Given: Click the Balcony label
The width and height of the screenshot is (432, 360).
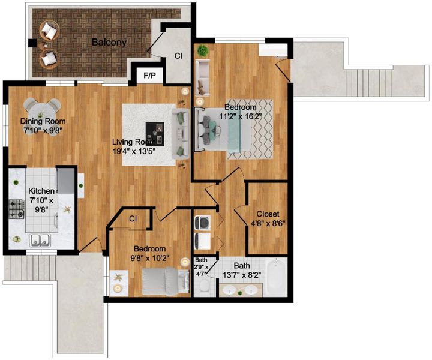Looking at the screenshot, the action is pyautogui.click(x=109, y=43).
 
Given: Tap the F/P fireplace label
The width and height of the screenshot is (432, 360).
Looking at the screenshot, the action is pyautogui.click(x=149, y=76).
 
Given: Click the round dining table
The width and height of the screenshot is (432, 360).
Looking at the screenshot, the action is pyautogui.click(x=42, y=112).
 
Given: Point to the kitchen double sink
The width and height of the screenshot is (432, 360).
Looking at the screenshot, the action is pyautogui.click(x=40, y=240).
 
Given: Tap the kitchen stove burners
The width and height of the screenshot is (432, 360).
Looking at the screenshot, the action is pyautogui.click(x=17, y=209).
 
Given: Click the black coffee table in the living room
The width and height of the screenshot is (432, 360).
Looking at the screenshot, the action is pyautogui.click(x=155, y=134).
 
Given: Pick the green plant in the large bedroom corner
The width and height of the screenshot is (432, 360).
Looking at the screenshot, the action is pyautogui.click(x=203, y=51).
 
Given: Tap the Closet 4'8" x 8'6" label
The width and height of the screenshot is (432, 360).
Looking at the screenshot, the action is pyautogui.click(x=268, y=218).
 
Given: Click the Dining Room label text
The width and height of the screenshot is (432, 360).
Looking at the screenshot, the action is pyautogui.click(x=43, y=121).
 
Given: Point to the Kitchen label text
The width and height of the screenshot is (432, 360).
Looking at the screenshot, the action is pyautogui.click(x=41, y=191).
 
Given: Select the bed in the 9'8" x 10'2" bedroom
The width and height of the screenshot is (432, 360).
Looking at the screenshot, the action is pyautogui.click(x=166, y=281).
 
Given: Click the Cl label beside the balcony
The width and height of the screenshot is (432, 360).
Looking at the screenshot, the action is pyautogui.click(x=179, y=56).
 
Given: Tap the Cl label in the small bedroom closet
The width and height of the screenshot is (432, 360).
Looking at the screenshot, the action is pyautogui.click(x=133, y=218).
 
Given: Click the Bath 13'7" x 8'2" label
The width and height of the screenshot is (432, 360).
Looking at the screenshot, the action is pyautogui.click(x=242, y=270).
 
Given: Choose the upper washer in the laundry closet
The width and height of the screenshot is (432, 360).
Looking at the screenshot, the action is pyautogui.click(x=202, y=223).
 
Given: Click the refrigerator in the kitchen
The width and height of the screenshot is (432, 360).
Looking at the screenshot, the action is pyautogui.click(x=65, y=181).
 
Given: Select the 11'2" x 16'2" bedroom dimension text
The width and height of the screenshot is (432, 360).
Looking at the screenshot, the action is pyautogui.click(x=240, y=116).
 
